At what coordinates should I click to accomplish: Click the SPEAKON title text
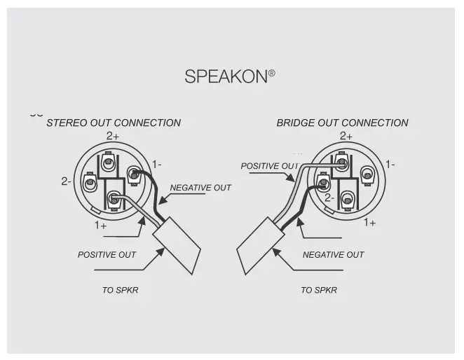click(x=225, y=76)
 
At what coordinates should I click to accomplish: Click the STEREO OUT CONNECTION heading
click(x=114, y=123)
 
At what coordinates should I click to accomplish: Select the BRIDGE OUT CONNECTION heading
click(x=342, y=123)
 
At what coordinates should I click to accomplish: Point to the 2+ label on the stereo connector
click(x=113, y=136)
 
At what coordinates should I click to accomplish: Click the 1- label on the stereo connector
click(x=156, y=164)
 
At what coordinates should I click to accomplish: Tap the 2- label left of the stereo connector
click(x=66, y=181)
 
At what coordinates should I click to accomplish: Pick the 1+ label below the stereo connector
click(x=101, y=226)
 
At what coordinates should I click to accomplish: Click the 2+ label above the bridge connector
click(x=346, y=136)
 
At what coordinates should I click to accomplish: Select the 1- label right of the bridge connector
click(x=390, y=164)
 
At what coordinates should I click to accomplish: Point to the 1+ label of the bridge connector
click(x=369, y=222)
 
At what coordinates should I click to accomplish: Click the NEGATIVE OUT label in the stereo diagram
click(x=200, y=188)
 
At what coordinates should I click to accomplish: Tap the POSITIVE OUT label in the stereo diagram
click(x=107, y=255)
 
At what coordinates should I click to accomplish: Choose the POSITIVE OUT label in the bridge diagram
click(x=270, y=166)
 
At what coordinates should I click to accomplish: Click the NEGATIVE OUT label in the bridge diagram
click(x=333, y=255)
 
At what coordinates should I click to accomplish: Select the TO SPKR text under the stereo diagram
click(x=120, y=290)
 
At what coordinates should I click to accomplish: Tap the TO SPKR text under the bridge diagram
click(x=319, y=290)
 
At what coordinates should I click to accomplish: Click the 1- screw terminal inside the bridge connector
click(x=365, y=172)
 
